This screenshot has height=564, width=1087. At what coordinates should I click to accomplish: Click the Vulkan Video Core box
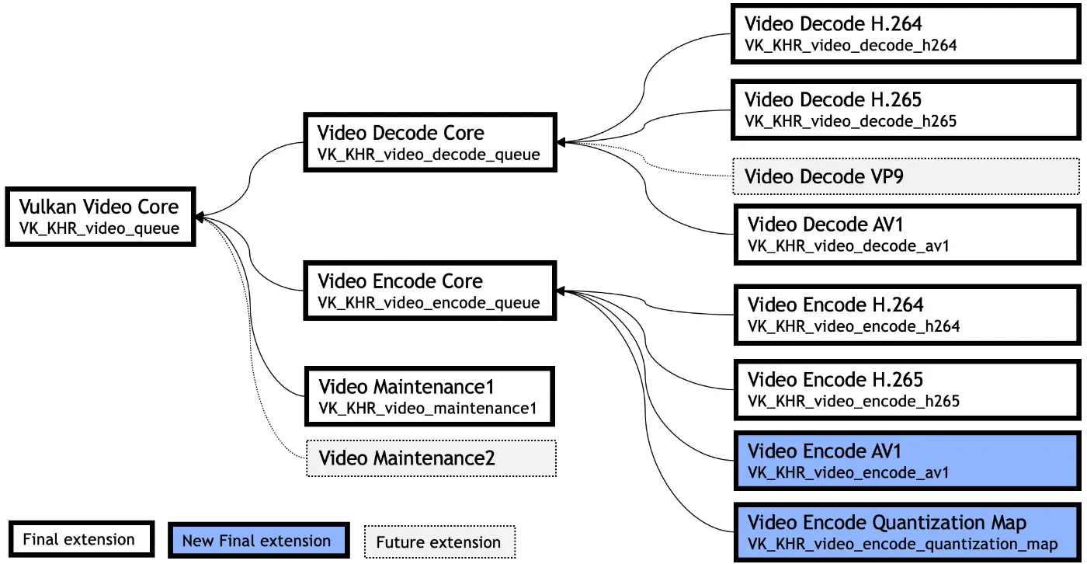[x=99, y=217]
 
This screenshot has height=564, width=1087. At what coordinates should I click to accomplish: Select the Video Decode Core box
[x=429, y=143]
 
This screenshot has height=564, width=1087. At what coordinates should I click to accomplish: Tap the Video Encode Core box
[x=429, y=291]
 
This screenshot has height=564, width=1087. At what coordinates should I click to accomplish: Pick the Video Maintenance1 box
[x=429, y=396]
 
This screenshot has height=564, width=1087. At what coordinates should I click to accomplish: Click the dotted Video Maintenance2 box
[x=431, y=458]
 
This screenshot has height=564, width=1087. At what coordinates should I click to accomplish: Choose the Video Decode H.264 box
[x=906, y=33]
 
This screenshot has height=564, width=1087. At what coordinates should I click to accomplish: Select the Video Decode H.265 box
[x=906, y=110]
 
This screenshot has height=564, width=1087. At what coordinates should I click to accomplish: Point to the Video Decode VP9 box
[x=906, y=176]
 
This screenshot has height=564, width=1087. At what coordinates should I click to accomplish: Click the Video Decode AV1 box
[x=906, y=235]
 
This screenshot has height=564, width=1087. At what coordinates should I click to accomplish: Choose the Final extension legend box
[x=79, y=539]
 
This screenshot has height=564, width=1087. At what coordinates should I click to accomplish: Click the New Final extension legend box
[x=256, y=541]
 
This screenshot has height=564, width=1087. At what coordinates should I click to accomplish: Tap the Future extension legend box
[x=439, y=542]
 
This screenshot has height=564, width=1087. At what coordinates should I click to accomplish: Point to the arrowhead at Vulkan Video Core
[x=200, y=217]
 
